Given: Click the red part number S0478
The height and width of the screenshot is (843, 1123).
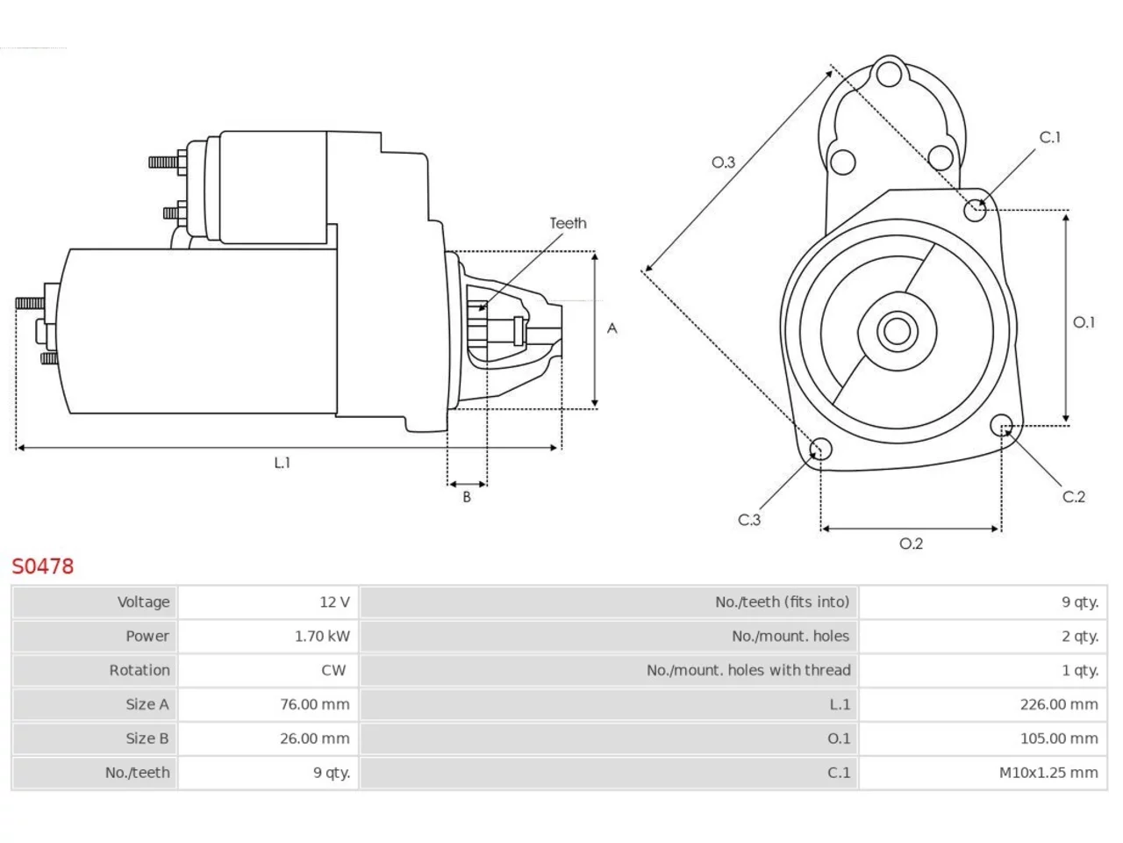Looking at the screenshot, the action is tap(42, 566).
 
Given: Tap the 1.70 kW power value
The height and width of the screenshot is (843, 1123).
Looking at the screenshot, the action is tap(322, 637).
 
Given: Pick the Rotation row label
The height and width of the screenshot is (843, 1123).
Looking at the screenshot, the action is tap(139, 670).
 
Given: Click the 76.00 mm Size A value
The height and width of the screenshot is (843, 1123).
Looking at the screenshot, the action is tap(315, 704).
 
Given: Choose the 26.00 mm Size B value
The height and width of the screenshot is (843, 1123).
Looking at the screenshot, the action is tap(315, 739).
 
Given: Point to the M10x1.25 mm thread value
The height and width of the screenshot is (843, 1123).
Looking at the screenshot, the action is tap(1048, 773).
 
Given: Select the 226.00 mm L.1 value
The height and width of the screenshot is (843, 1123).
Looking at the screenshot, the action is tap(1059, 704).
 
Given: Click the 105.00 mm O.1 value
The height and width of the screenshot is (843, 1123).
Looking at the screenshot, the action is tap(1059, 739).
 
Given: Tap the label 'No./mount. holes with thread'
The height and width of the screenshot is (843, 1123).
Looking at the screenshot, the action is tap(748, 670).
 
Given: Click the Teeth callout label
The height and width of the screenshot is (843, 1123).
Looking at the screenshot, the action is tap(568, 223).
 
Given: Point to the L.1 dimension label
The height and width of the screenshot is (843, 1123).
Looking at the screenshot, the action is tap(283, 463).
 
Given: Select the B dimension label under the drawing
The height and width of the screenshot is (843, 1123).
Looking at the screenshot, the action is tap(467, 496).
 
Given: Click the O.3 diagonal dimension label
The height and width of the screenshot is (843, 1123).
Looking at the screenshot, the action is tap(724, 162).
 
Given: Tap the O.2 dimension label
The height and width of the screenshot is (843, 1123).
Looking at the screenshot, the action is tap(912, 544).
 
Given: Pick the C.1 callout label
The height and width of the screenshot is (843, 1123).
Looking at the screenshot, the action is tap(1050, 137).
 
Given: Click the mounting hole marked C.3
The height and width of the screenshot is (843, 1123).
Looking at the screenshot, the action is tap(820, 449).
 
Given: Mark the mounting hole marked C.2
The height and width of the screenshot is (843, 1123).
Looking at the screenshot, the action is tap(1001, 425).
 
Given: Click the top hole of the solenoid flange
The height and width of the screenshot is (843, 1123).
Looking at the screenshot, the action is tap(890, 74).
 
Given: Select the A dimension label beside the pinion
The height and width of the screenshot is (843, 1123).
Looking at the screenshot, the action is tap(612, 328).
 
